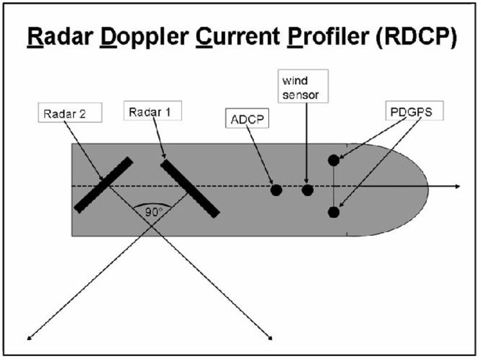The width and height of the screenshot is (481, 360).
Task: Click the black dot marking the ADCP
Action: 276,190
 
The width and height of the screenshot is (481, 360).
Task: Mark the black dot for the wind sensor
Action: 307,190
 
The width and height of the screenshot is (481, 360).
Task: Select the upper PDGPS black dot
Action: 334,160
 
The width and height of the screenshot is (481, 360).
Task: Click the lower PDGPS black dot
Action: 334,212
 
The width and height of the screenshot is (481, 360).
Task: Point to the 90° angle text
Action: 153,211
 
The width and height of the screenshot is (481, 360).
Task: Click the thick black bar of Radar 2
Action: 103,185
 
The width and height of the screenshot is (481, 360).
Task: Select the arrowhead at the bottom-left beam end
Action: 30,337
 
